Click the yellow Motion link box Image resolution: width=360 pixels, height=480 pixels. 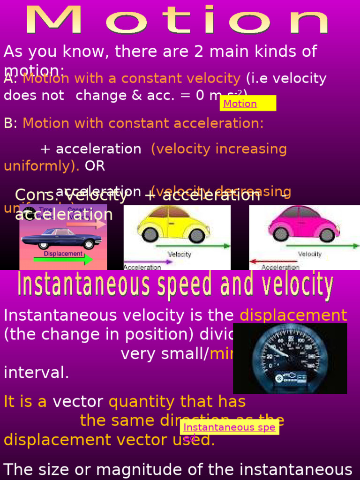pyautogui.click(x=247, y=103)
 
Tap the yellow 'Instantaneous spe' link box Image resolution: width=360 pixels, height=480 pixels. pyautogui.click(x=230, y=427)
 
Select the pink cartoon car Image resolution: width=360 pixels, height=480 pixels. pyautogui.click(x=303, y=224)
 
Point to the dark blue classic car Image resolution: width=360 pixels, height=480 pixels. pyautogui.click(x=61, y=238)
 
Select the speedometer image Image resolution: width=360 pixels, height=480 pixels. pyautogui.click(x=290, y=358)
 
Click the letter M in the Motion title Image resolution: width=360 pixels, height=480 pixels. pyautogui.click(x=52, y=20)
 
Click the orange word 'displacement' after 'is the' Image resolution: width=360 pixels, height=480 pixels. pyautogui.click(x=293, y=315)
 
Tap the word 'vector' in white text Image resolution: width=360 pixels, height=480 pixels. pyautogui.click(x=78, y=402)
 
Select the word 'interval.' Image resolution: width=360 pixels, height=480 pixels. pyautogui.click(x=37, y=373)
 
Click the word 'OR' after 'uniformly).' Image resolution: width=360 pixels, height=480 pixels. pyautogui.click(x=95, y=166)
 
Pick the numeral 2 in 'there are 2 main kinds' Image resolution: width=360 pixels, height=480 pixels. pyautogui.click(x=199, y=52)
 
